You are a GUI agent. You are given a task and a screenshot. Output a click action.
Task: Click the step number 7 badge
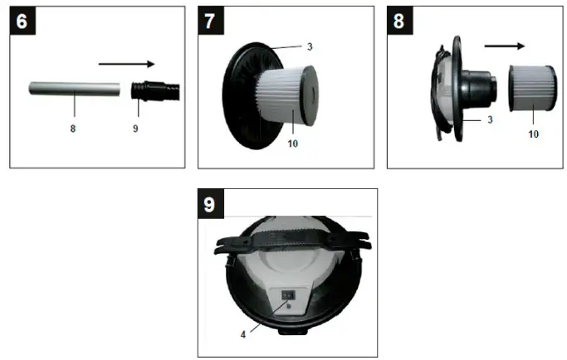point(211,21)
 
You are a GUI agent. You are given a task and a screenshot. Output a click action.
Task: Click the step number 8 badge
point(399,21)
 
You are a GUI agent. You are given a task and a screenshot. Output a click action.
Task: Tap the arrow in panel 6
point(125,63)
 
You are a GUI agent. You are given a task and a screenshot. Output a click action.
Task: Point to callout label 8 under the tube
point(74,129)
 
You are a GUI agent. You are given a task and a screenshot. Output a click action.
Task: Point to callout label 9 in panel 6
point(136,129)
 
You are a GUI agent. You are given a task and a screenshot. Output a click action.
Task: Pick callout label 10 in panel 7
point(292,143)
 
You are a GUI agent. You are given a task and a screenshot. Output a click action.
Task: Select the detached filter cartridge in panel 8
point(529,88)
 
